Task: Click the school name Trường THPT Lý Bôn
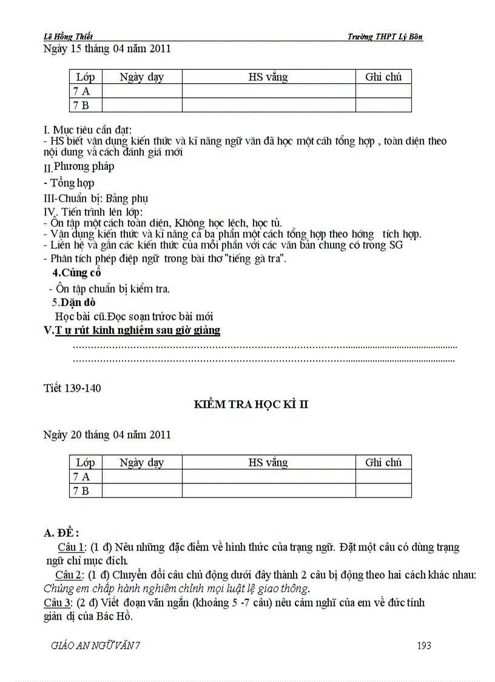click(385, 37)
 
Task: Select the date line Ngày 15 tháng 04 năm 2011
click(107, 49)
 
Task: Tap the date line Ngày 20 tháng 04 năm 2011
click(107, 435)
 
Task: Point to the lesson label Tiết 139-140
click(73, 389)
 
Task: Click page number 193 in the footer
click(424, 646)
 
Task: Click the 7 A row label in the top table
click(81, 91)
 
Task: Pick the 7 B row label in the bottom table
click(81, 491)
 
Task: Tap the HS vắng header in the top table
click(268, 77)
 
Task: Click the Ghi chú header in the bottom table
click(383, 463)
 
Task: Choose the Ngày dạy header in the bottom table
click(142, 463)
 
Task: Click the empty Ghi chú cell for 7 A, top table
click(383, 91)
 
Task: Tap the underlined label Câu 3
click(58, 603)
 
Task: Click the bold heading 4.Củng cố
click(76, 273)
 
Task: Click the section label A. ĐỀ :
click(61, 533)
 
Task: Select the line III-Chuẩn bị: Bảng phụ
click(96, 198)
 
